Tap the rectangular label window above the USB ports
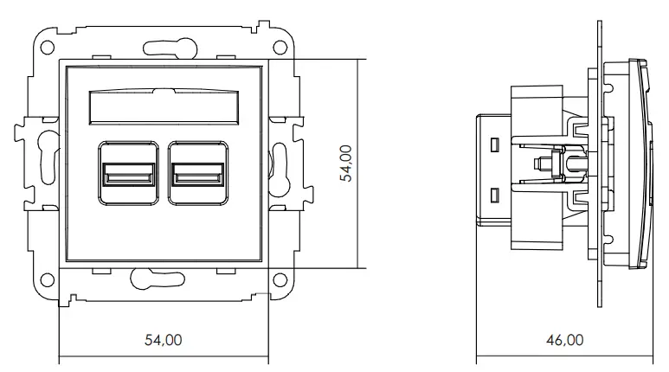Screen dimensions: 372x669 click(x=162, y=109)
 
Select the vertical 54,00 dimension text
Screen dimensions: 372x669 click(x=345, y=163)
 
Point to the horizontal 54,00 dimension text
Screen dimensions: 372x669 click(x=163, y=340)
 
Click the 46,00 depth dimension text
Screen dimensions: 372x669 click(x=564, y=340)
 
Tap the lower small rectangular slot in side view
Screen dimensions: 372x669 click(x=496, y=196)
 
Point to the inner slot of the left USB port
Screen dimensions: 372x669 click(x=128, y=180)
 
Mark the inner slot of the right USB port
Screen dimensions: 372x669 click(x=197, y=180)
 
